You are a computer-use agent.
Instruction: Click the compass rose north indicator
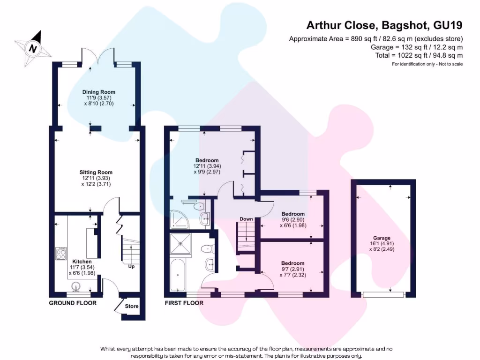[x=32, y=46]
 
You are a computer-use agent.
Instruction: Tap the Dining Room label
[x=98, y=92]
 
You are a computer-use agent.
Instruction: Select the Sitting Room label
[x=96, y=172]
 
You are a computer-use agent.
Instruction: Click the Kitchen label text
[x=82, y=261]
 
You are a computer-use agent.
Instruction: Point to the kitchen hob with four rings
[x=61, y=254]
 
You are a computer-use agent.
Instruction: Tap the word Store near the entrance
[x=132, y=306]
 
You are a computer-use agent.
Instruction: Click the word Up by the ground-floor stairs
[x=132, y=267]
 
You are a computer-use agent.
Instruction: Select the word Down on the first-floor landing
[x=246, y=219]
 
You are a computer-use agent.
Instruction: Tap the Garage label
[x=382, y=238]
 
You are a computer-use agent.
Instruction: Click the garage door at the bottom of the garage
[x=383, y=294]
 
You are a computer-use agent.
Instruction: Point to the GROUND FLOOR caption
[x=73, y=303]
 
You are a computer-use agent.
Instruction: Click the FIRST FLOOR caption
[x=184, y=303]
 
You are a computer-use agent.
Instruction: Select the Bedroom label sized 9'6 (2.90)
[x=293, y=214]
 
